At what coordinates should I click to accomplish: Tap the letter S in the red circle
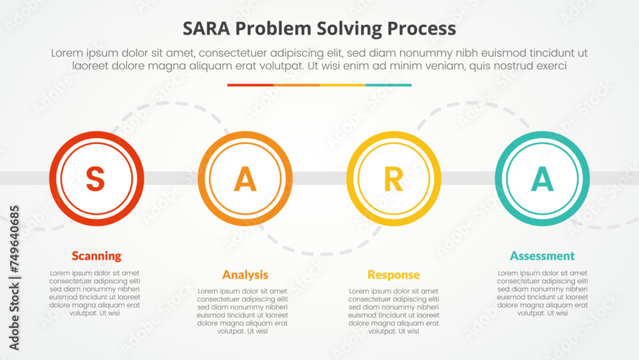coord(95,179)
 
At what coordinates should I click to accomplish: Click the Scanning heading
coord(96,256)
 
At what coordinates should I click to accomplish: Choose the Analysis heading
coord(245,275)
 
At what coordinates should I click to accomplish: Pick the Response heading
coord(393,275)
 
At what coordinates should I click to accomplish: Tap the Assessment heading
coord(542,256)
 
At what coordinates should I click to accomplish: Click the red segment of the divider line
coord(250,85)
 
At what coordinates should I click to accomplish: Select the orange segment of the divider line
coord(296,85)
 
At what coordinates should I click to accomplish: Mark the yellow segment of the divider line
coord(342,85)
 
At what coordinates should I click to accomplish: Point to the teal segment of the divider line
coord(389,85)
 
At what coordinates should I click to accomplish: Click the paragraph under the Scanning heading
coord(95,293)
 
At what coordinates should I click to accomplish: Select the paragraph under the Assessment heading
coord(542,293)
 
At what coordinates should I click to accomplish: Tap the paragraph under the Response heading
coord(393,311)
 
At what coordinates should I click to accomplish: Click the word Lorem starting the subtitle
coord(67,54)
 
